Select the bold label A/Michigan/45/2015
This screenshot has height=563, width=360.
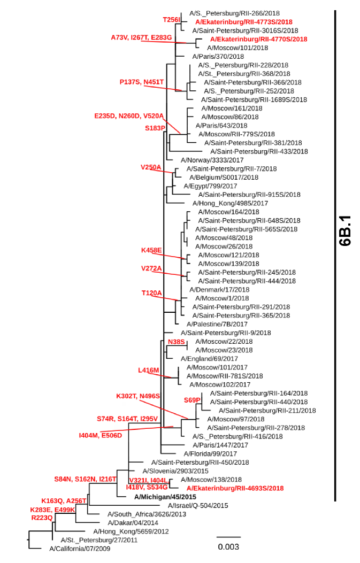[166, 497]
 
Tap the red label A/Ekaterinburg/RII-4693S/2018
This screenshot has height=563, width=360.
[234, 488]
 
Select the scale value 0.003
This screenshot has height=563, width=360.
[228, 547]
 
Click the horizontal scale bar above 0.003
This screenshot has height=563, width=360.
[228, 536]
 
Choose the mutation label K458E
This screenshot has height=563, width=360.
[151, 250]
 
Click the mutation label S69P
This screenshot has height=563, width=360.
[192, 400]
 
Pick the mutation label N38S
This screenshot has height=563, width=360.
[176, 342]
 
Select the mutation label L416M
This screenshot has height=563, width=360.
[149, 370]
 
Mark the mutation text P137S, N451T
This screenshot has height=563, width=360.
[141, 82]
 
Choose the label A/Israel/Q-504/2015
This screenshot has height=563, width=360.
[198, 505]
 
